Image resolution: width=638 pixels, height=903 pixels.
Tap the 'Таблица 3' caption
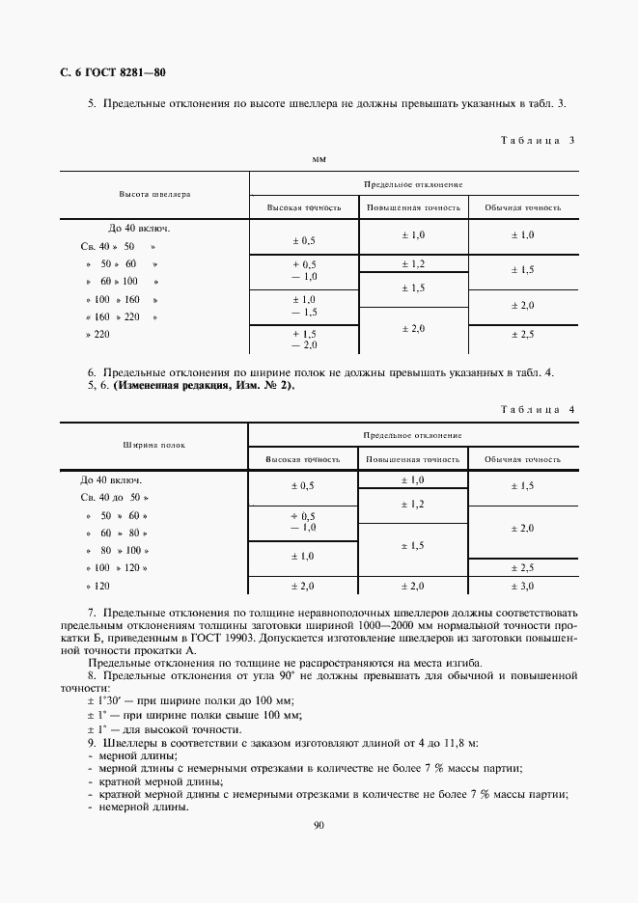[538, 140]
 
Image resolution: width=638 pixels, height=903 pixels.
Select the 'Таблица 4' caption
[538, 410]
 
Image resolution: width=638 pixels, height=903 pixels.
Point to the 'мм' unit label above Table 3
[319, 158]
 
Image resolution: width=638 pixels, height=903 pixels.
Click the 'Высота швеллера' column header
[154, 194]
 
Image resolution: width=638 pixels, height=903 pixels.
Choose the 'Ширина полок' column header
[154, 446]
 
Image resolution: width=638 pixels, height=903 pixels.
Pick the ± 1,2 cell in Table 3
[413, 264]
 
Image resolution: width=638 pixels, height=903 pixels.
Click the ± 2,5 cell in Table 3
[523, 334]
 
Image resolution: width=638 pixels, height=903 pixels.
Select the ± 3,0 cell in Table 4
[523, 586]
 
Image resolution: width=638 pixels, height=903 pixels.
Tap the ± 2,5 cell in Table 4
[523, 568]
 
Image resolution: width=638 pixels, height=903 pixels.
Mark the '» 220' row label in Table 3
[97, 334]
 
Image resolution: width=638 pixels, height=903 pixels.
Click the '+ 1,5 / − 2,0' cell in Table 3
[304, 339]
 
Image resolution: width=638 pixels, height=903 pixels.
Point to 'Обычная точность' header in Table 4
[523, 459]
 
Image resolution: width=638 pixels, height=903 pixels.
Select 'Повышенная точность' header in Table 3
[413, 207]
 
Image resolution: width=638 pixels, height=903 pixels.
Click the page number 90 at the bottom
[319, 825]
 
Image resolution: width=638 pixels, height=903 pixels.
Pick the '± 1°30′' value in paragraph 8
[106, 699]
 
